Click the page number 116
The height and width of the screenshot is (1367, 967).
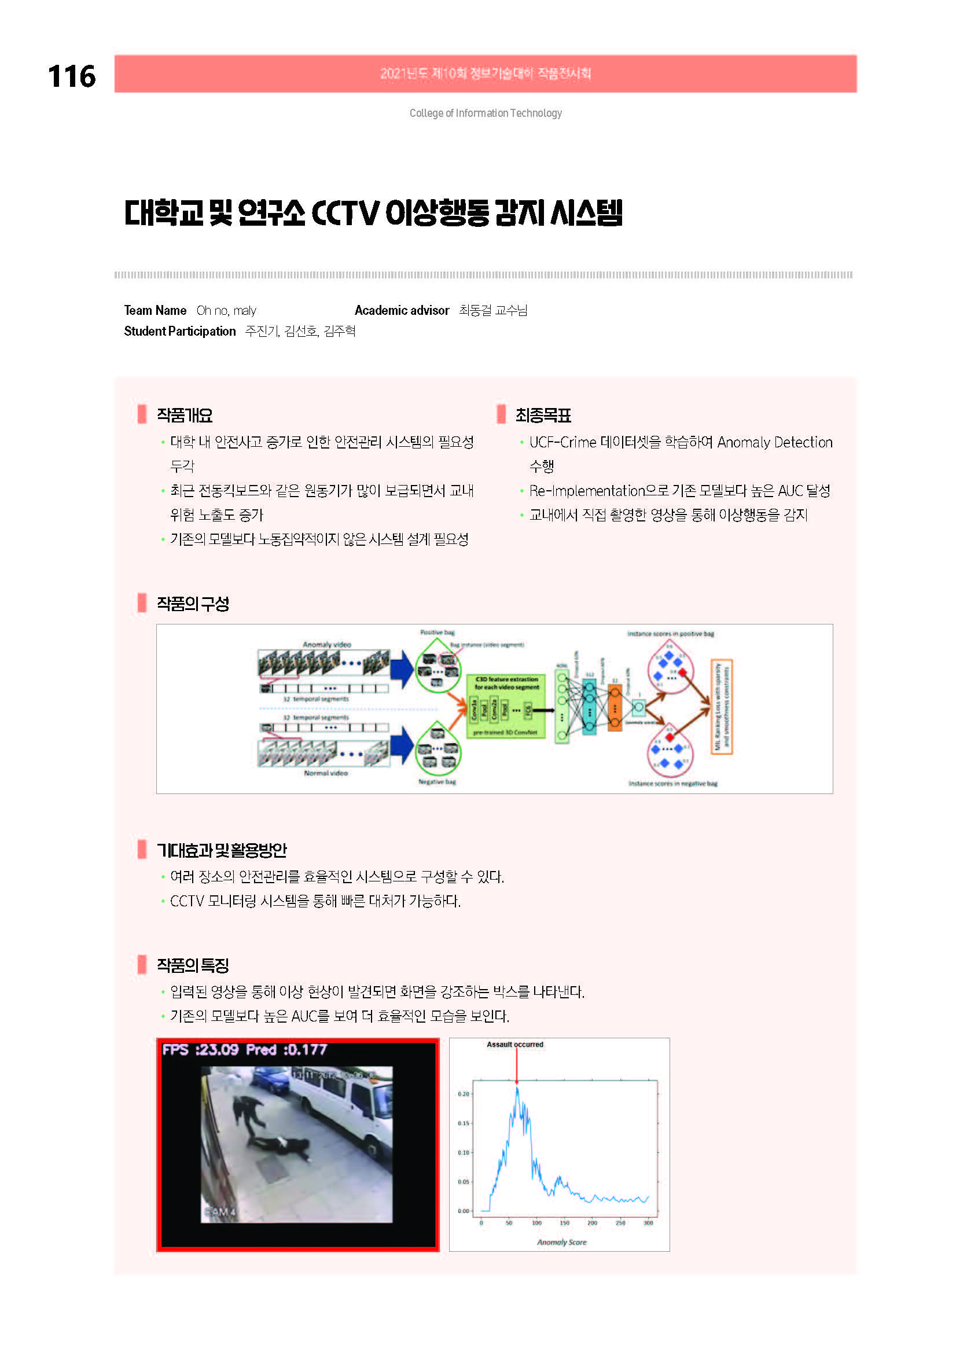[x=71, y=77]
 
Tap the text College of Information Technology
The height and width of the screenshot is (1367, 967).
[x=486, y=113]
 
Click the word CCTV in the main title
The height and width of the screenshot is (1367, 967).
[x=345, y=213]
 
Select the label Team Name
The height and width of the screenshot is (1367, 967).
[x=155, y=310]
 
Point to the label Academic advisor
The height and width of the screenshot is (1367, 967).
[x=402, y=310]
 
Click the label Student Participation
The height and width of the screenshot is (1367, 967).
[x=179, y=331]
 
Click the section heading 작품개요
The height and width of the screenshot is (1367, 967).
[x=184, y=415]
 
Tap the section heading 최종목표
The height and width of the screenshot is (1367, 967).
[x=542, y=415]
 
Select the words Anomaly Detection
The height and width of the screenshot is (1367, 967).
[x=774, y=442]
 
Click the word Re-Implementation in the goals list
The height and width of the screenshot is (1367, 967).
[x=578, y=491]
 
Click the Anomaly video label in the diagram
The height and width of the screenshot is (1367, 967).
[x=326, y=644]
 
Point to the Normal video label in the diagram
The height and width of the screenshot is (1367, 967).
[x=326, y=773]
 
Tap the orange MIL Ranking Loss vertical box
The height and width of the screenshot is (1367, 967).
[x=721, y=706]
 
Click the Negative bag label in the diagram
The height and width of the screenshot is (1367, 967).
[x=436, y=782]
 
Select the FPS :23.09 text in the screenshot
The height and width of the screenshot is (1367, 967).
[x=200, y=1050]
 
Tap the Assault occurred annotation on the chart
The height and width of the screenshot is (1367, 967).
[x=514, y=1044]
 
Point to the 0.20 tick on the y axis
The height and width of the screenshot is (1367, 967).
[x=464, y=1094]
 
